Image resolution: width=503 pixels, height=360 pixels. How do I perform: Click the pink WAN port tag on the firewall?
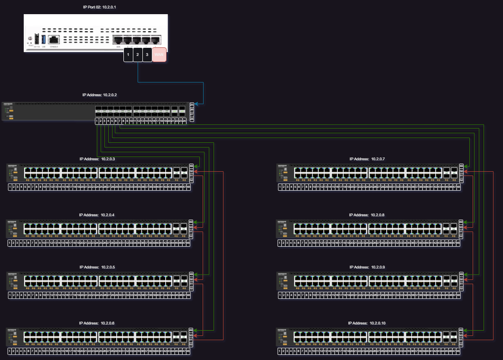[x=159, y=54]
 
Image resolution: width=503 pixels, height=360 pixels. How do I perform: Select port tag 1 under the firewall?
[x=128, y=54]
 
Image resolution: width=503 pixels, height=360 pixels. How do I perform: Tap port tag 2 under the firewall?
[x=137, y=54]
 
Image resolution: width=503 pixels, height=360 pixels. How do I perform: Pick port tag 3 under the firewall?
[x=147, y=54]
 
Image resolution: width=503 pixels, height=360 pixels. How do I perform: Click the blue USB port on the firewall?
[x=44, y=39]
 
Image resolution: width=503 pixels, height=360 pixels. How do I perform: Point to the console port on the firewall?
[x=54, y=39]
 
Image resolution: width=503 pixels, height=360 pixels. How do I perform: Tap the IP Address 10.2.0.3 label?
[x=97, y=159]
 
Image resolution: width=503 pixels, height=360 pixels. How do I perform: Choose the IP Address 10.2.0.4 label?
[x=97, y=215]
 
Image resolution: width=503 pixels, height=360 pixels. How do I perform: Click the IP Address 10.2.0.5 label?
[x=97, y=267]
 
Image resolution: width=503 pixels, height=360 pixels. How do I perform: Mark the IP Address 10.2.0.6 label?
[x=97, y=323]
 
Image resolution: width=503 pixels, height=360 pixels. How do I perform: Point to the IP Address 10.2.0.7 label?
[x=368, y=159]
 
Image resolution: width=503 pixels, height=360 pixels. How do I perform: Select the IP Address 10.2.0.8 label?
[x=367, y=215]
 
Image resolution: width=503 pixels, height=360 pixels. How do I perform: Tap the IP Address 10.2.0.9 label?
[x=367, y=267]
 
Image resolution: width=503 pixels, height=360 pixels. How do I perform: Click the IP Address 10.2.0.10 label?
[x=367, y=323]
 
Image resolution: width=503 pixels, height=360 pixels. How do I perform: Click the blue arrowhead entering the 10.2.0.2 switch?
[x=196, y=104]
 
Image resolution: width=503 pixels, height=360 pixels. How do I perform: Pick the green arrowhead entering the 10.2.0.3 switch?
[x=196, y=166]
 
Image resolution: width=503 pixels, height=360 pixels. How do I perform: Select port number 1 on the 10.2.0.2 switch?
[x=96, y=121]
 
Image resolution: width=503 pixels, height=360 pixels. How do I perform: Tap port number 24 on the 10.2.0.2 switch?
[x=184, y=121]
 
